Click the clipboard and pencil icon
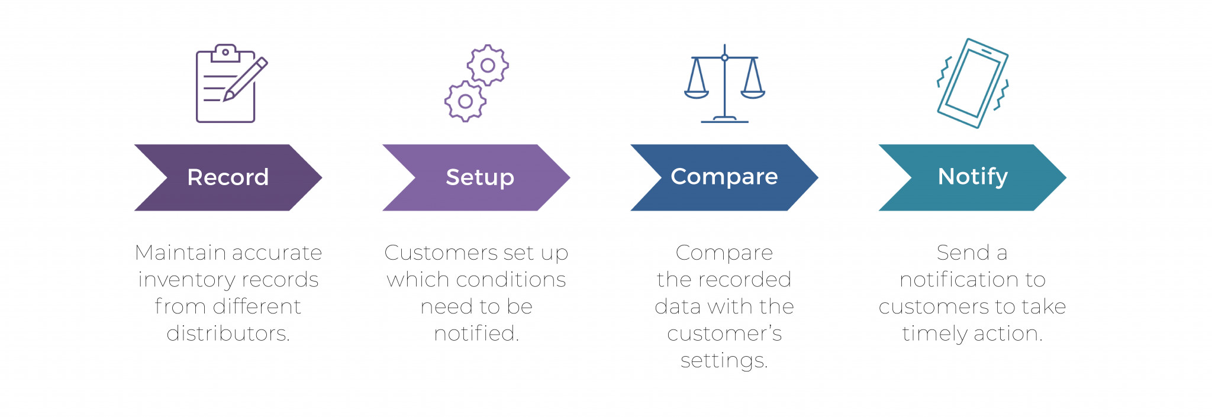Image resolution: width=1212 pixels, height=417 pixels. [x=231, y=83]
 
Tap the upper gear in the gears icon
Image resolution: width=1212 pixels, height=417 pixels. [x=488, y=65]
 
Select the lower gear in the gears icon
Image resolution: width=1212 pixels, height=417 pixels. [x=465, y=101]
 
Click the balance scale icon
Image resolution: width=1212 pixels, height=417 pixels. [x=724, y=83]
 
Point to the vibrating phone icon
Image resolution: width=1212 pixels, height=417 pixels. [x=972, y=83]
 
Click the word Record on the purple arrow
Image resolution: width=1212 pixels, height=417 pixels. [x=228, y=177]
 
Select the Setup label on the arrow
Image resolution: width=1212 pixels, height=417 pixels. [x=480, y=177]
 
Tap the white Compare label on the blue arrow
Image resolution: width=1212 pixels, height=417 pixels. [x=724, y=177]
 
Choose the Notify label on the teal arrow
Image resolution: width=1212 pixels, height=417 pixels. [x=972, y=177]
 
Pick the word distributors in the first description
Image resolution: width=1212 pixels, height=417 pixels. [x=228, y=333]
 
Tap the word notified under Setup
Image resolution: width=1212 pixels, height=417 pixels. [x=476, y=333]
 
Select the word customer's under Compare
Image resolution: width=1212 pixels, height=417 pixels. [x=724, y=334]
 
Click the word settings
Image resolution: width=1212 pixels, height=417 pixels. [x=724, y=361]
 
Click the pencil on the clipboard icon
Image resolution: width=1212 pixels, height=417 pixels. [x=245, y=79]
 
